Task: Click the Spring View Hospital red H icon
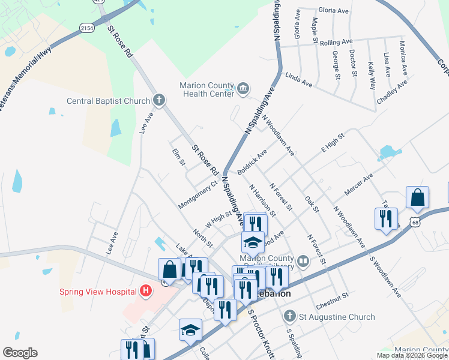point(145,292)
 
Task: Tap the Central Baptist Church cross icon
point(158,100)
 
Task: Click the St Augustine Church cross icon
point(289,316)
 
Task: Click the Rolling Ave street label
point(336,43)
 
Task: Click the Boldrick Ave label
point(252,163)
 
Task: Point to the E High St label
point(334,144)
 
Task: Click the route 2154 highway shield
point(86,28)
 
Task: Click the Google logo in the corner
point(20,353)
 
